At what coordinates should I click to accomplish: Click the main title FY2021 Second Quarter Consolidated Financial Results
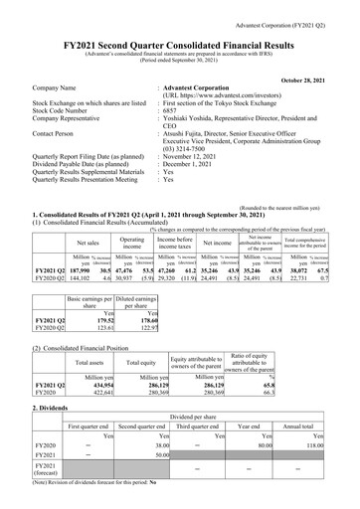(180, 32)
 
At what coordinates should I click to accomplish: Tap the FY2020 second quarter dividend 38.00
(153, 447)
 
